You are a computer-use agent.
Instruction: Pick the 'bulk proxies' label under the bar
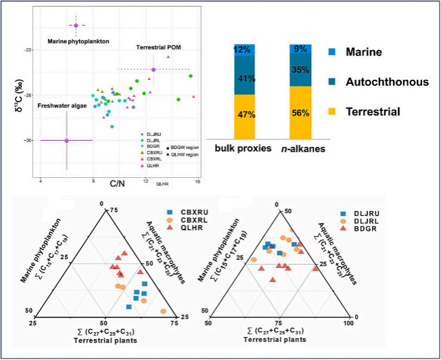coord(243,148)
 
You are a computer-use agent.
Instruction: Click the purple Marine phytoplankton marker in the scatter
coord(76,26)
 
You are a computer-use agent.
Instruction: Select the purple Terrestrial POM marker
coord(154,70)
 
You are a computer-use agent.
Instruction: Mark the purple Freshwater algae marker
coord(66,141)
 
